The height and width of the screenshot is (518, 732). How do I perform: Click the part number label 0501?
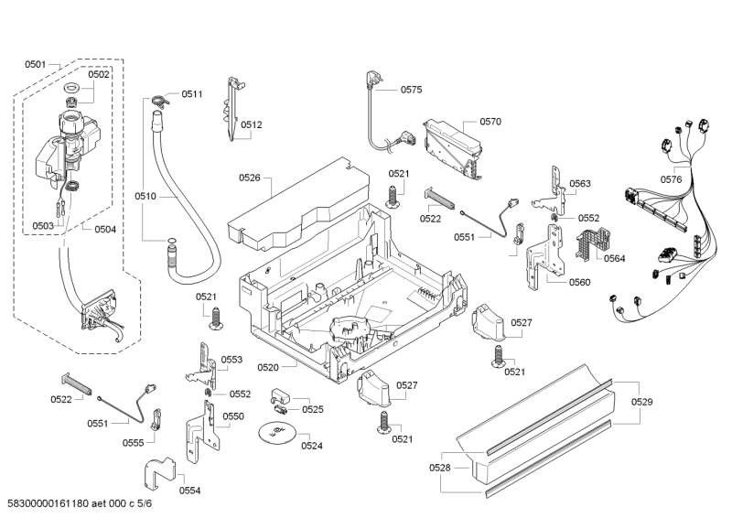click(35, 64)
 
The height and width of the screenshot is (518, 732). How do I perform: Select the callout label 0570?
click(490, 121)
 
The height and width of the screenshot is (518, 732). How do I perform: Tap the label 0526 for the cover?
click(249, 178)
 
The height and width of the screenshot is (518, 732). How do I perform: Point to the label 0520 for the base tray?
click(268, 367)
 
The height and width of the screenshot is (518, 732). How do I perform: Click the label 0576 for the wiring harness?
click(671, 179)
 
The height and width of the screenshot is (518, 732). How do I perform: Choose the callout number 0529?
click(642, 403)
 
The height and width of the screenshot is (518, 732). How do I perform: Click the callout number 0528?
click(440, 468)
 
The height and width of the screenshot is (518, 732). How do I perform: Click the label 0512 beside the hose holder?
click(252, 124)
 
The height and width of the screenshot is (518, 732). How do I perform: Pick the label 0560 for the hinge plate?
click(579, 282)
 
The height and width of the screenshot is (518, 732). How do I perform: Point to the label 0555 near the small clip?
click(134, 442)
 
